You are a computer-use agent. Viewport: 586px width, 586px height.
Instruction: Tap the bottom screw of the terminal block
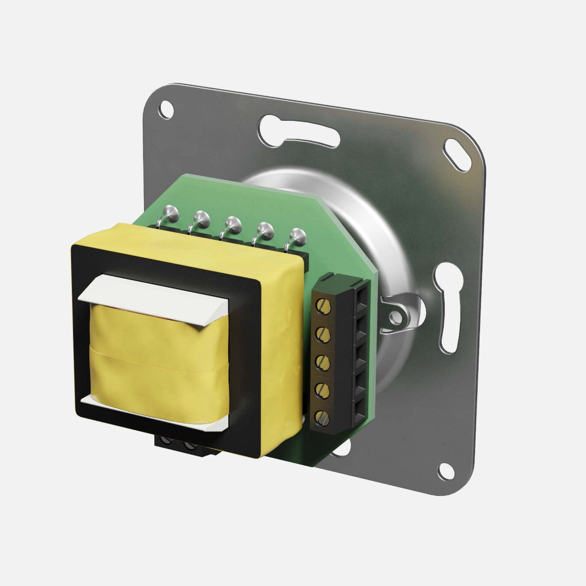tap(322, 417)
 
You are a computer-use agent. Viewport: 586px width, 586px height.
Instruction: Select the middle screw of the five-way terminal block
tap(322, 361)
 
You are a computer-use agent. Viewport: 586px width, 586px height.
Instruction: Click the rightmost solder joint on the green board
tap(297, 234)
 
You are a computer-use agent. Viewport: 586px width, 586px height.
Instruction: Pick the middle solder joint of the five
tap(233, 223)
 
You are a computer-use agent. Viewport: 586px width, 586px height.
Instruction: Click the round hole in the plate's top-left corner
tap(166, 108)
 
